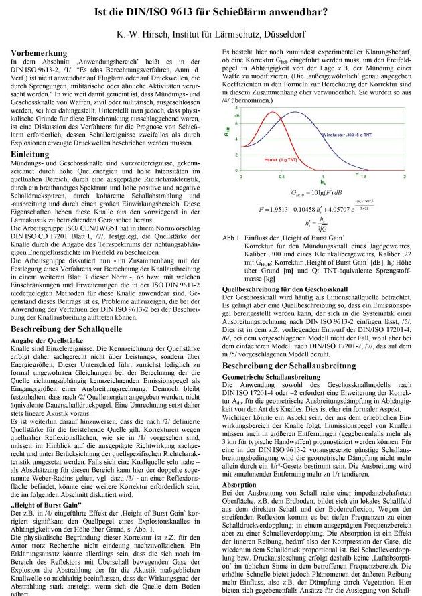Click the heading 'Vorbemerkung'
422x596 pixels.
[42, 52]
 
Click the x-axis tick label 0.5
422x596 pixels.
[282, 177]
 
